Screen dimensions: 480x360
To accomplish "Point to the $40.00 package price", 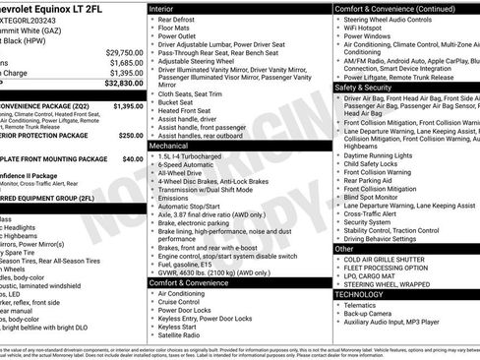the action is [132, 158].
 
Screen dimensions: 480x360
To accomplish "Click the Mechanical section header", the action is [175, 145].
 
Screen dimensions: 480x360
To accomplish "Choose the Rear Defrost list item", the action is [176, 20].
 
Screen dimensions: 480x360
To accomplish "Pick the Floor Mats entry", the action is [174, 30].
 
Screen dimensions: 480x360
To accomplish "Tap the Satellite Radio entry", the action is [182, 334].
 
